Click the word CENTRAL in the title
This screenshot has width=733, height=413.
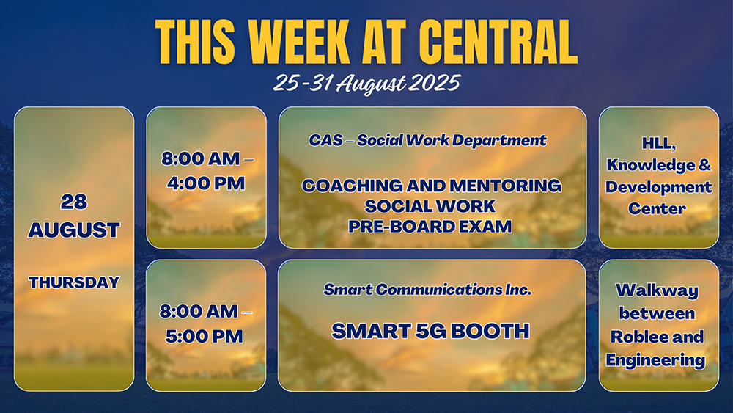(x=498, y=42)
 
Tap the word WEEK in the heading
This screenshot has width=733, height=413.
(x=299, y=42)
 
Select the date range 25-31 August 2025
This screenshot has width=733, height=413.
(x=367, y=83)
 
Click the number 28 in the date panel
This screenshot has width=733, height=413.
(x=74, y=202)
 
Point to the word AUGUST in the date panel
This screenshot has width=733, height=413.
(x=74, y=230)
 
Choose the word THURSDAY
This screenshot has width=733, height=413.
(x=74, y=282)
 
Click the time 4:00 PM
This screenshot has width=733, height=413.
(x=206, y=183)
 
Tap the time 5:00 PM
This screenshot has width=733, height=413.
(x=205, y=336)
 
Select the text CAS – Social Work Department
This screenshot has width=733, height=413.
(x=427, y=140)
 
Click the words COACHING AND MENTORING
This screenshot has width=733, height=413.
(x=432, y=186)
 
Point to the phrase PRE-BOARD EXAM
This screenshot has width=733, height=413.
(x=430, y=227)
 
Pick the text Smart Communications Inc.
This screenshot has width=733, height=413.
(x=427, y=290)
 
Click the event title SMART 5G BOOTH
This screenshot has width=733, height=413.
(x=430, y=331)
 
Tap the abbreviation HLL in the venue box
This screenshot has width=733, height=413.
(x=659, y=144)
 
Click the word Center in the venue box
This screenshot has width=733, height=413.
(x=657, y=208)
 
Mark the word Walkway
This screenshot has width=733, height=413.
(x=657, y=290)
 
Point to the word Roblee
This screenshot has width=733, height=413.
(x=634, y=337)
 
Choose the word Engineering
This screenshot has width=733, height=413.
(x=655, y=360)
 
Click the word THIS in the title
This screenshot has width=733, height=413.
(x=195, y=42)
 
